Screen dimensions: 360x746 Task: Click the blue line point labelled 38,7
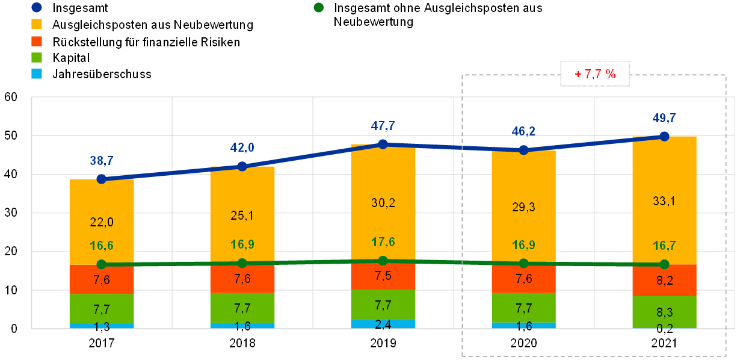click(102, 179)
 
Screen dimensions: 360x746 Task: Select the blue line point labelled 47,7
click(383, 144)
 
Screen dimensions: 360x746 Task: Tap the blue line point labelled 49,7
click(664, 136)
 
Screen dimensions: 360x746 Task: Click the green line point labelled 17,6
click(383, 261)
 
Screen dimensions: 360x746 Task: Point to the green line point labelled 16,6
click(102, 264)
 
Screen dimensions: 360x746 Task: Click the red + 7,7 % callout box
click(595, 74)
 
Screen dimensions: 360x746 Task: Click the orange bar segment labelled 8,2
click(664, 280)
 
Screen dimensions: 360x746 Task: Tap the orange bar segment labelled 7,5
click(383, 276)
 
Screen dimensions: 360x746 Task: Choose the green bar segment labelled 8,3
click(664, 311)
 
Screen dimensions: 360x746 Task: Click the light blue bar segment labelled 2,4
click(383, 324)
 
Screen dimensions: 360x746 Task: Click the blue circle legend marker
click(37, 7)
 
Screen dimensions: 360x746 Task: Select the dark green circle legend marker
click(318, 7)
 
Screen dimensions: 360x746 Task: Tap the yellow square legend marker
click(37, 24)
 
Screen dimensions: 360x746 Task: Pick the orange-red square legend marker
click(37, 41)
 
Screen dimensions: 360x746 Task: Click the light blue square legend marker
click(37, 74)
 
